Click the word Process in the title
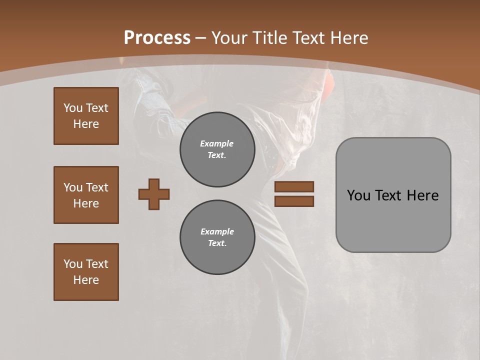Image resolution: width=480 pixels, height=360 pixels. [x=157, y=38]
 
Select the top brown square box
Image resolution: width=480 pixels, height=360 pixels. [x=86, y=116]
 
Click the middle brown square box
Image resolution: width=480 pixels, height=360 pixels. [x=86, y=195]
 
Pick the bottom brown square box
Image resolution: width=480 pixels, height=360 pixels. [x=86, y=272]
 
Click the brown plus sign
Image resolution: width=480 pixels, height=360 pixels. [x=154, y=194]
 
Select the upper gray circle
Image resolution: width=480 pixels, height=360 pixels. [x=217, y=149]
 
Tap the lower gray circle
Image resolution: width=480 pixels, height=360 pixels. [x=217, y=237]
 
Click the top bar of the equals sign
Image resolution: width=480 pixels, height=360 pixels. [x=294, y=187]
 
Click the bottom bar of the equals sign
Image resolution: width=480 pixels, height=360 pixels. [x=294, y=201]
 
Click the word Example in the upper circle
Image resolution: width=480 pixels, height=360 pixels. [x=217, y=143]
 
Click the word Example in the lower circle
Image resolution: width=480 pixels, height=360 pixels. [x=217, y=231]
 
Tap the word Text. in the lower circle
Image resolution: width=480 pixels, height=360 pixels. [x=217, y=243]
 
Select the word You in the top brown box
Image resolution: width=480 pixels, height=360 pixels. [x=73, y=108]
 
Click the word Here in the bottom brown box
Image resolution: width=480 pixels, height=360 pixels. [x=86, y=280]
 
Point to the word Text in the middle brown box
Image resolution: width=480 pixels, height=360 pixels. [x=96, y=187]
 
